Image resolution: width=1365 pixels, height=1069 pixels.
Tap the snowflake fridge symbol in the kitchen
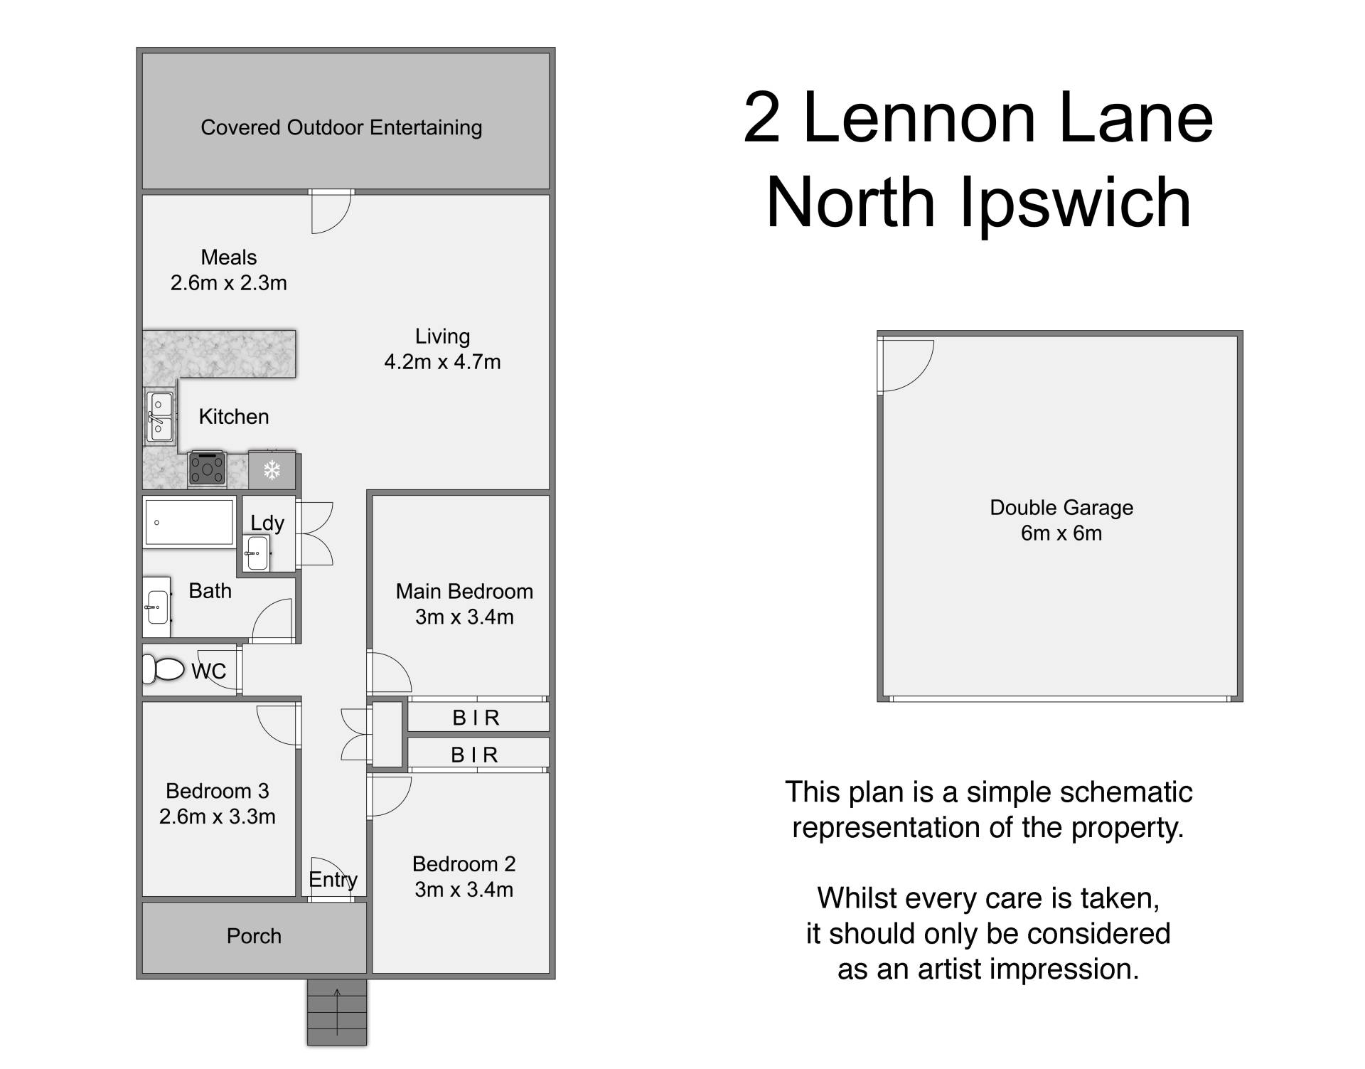[272, 469]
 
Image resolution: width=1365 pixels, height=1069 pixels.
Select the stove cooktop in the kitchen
[207, 469]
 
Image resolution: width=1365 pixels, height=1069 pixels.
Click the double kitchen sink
[160, 417]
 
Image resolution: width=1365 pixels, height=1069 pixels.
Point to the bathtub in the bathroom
[189, 523]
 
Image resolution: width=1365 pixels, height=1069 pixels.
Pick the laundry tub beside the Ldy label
[256, 553]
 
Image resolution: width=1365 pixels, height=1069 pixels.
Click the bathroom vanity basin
[156, 607]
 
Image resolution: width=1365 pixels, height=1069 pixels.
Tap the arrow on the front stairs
[337, 1010]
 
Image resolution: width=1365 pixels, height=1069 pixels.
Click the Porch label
[254, 936]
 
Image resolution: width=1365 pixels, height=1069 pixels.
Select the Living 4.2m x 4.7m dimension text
[442, 362]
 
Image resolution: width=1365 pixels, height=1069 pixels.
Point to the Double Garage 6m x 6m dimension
[1061, 533]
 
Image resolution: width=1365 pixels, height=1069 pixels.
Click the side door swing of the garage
[905, 366]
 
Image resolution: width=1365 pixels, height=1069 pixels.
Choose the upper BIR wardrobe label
[476, 718]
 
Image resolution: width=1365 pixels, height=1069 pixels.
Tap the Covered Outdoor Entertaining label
[341, 127]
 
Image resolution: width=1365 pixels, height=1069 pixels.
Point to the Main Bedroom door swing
[388, 672]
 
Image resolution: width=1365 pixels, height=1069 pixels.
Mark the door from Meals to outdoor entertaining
[331, 212]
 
